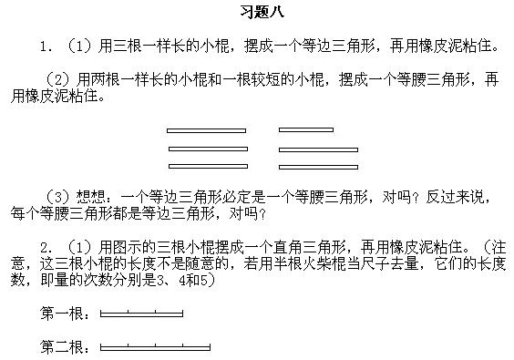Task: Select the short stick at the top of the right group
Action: pyautogui.click(x=306, y=130)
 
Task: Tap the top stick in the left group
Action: pyautogui.click(x=206, y=130)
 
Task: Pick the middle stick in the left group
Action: pyautogui.click(x=206, y=148)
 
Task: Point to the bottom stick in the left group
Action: pyautogui.click(x=206, y=166)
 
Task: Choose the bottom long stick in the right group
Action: pyautogui.click(x=318, y=166)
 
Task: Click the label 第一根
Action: pyautogui.click(x=64, y=315)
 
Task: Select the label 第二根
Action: pyautogui.click(x=64, y=347)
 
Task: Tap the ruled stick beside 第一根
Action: pyautogui.click(x=141, y=315)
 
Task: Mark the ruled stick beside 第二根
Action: pyautogui.click(x=155, y=347)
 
